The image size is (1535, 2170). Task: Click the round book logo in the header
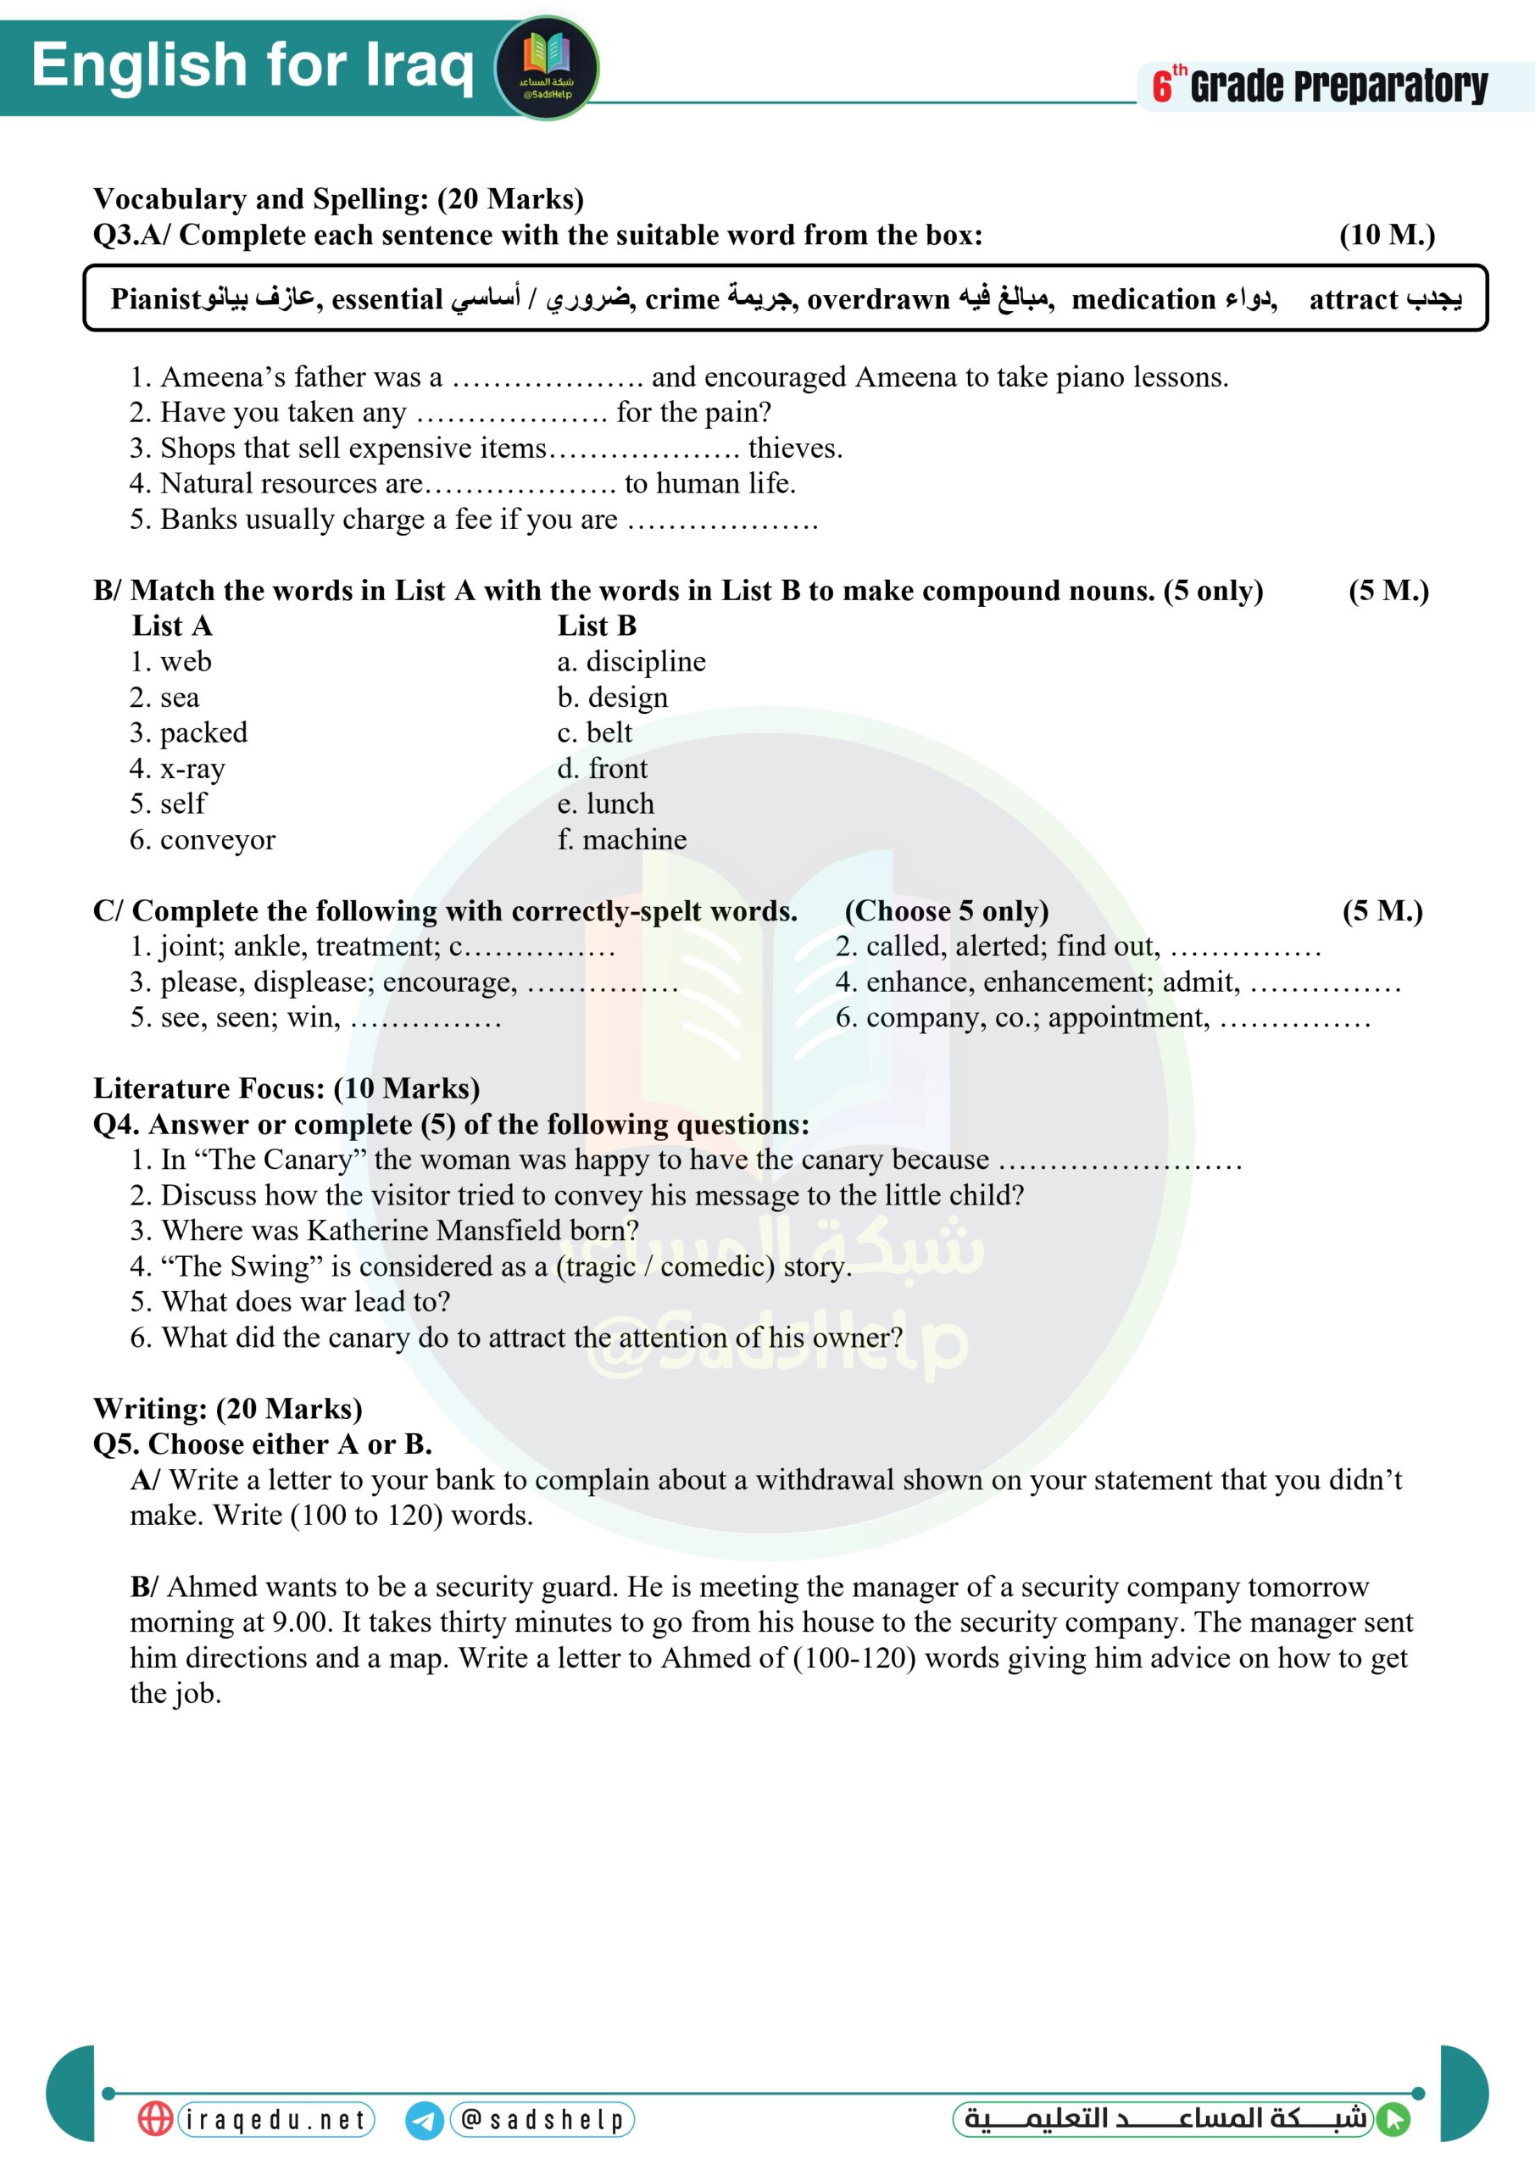[x=547, y=67]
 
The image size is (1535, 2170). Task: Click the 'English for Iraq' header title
[x=253, y=65]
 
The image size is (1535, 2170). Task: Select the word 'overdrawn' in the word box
[x=878, y=299]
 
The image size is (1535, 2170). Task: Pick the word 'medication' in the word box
[x=1143, y=299]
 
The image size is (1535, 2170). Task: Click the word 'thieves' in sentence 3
[x=794, y=448]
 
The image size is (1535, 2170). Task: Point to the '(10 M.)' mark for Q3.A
[x=1387, y=236]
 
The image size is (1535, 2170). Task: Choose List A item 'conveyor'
[x=217, y=839]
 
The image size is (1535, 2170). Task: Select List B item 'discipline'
[x=646, y=661]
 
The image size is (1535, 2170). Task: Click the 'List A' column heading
[x=172, y=626]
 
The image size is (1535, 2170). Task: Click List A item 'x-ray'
[x=192, y=768]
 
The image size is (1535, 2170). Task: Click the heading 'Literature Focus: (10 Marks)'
[x=286, y=1088]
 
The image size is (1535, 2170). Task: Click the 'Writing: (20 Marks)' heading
[x=228, y=1408]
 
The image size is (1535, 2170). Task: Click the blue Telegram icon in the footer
[x=425, y=2121]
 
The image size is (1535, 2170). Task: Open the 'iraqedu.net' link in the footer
[x=275, y=2120]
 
